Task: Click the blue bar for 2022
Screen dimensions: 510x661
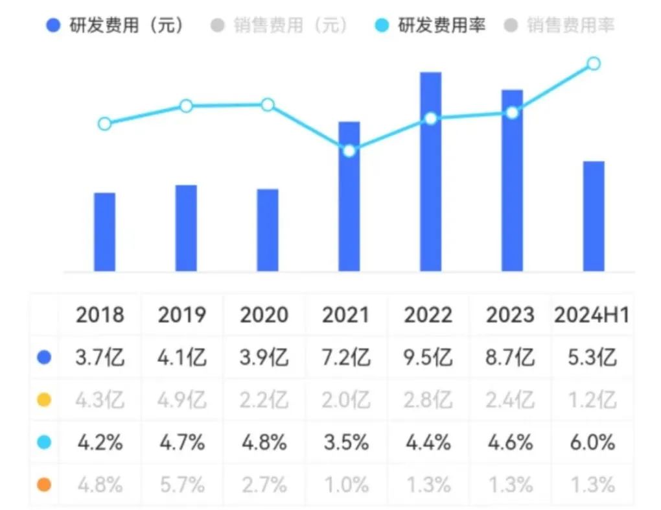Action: [430, 172]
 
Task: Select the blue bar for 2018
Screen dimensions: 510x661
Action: [104, 232]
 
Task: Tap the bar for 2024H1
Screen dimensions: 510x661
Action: [594, 216]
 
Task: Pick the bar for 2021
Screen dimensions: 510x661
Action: [349, 197]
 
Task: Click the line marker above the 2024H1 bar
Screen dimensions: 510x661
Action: [594, 64]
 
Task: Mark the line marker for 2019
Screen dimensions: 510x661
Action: [186, 106]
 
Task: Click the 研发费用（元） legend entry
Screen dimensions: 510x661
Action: [117, 26]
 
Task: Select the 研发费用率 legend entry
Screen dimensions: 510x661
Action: [431, 26]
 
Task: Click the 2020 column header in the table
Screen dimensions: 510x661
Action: [264, 315]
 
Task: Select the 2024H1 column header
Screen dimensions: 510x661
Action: [592, 315]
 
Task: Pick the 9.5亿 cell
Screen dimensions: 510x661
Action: [428, 358]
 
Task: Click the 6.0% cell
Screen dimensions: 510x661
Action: [592, 443]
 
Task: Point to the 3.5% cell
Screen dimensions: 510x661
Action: [346, 443]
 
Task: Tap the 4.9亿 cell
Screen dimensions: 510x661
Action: [182, 400]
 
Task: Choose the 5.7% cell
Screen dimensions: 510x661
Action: [182, 485]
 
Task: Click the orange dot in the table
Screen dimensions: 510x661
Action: [44, 485]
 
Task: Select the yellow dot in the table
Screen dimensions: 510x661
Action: [44, 400]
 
